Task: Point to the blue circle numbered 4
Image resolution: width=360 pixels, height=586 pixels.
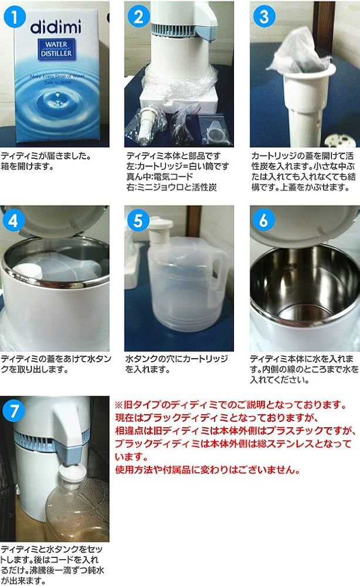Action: (x=13, y=220)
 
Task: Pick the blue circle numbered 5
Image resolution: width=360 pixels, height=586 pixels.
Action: (x=138, y=220)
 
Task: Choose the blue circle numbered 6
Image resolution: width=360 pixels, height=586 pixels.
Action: (x=264, y=220)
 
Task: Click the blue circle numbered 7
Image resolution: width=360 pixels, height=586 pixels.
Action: (x=14, y=411)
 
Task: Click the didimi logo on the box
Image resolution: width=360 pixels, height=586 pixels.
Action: (x=56, y=27)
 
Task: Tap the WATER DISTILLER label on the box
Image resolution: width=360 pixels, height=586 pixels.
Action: (x=56, y=49)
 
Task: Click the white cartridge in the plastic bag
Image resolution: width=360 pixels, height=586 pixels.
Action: (x=145, y=123)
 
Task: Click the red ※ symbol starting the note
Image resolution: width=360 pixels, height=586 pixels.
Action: (x=118, y=405)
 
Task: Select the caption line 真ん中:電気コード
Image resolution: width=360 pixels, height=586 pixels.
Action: (x=159, y=177)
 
